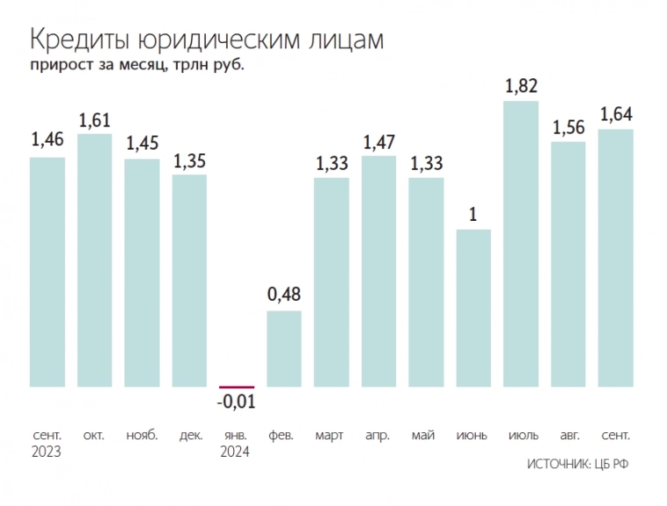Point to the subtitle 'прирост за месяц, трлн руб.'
[x=136, y=65]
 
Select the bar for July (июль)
[x=520, y=244]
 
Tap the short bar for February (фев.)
[x=284, y=348]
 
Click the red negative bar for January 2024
[x=237, y=386]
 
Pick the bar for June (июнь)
[x=473, y=308]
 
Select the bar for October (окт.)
[x=95, y=260]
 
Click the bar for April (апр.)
[x=378, y=271]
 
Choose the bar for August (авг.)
[x=568, y=264]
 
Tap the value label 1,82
[x=521, y=86]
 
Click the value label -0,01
[x=237, y=402]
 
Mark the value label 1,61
[x=95, y=119]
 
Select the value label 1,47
[x=379, y=141]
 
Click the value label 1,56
[x=568, y=127]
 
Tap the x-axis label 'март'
[x=331, y=435]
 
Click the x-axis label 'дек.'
[x=190, y=435]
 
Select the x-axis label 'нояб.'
[x=143, y=435]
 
